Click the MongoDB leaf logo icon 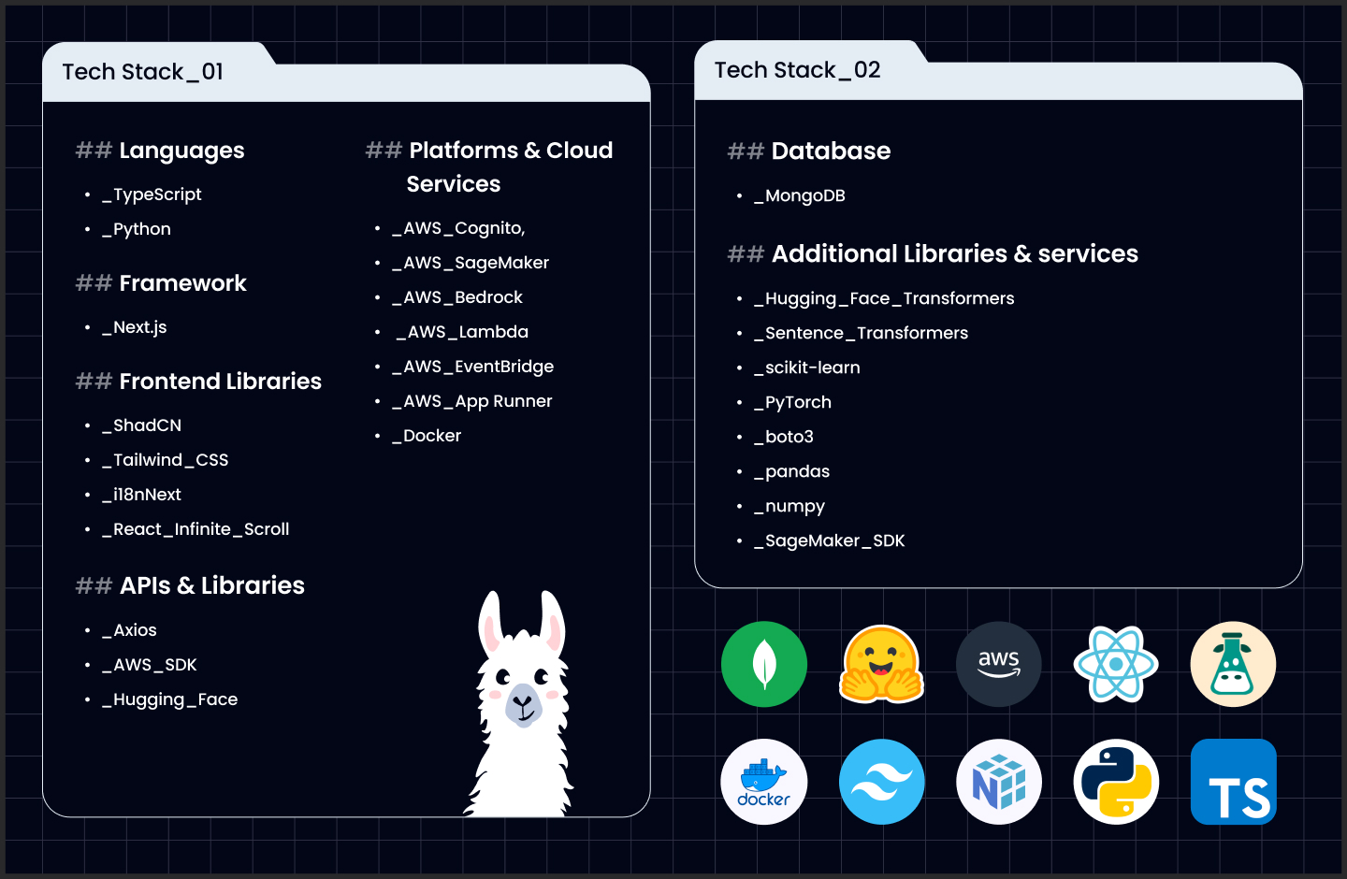pos(764,664)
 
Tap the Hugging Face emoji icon pos(882,664)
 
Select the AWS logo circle pos(999,664)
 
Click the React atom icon pos(1116,664)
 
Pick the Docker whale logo pos(764,782)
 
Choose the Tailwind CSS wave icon pos(882,782)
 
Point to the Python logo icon pos(1116,782)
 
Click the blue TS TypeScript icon pos(1234,782)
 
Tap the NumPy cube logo pos(999,782)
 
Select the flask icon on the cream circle pos(1233,664)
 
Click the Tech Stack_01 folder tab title pos(143,72)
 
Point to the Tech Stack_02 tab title pos(797,70)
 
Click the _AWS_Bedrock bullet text pos(457,297)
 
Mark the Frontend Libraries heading pos(220,382)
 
